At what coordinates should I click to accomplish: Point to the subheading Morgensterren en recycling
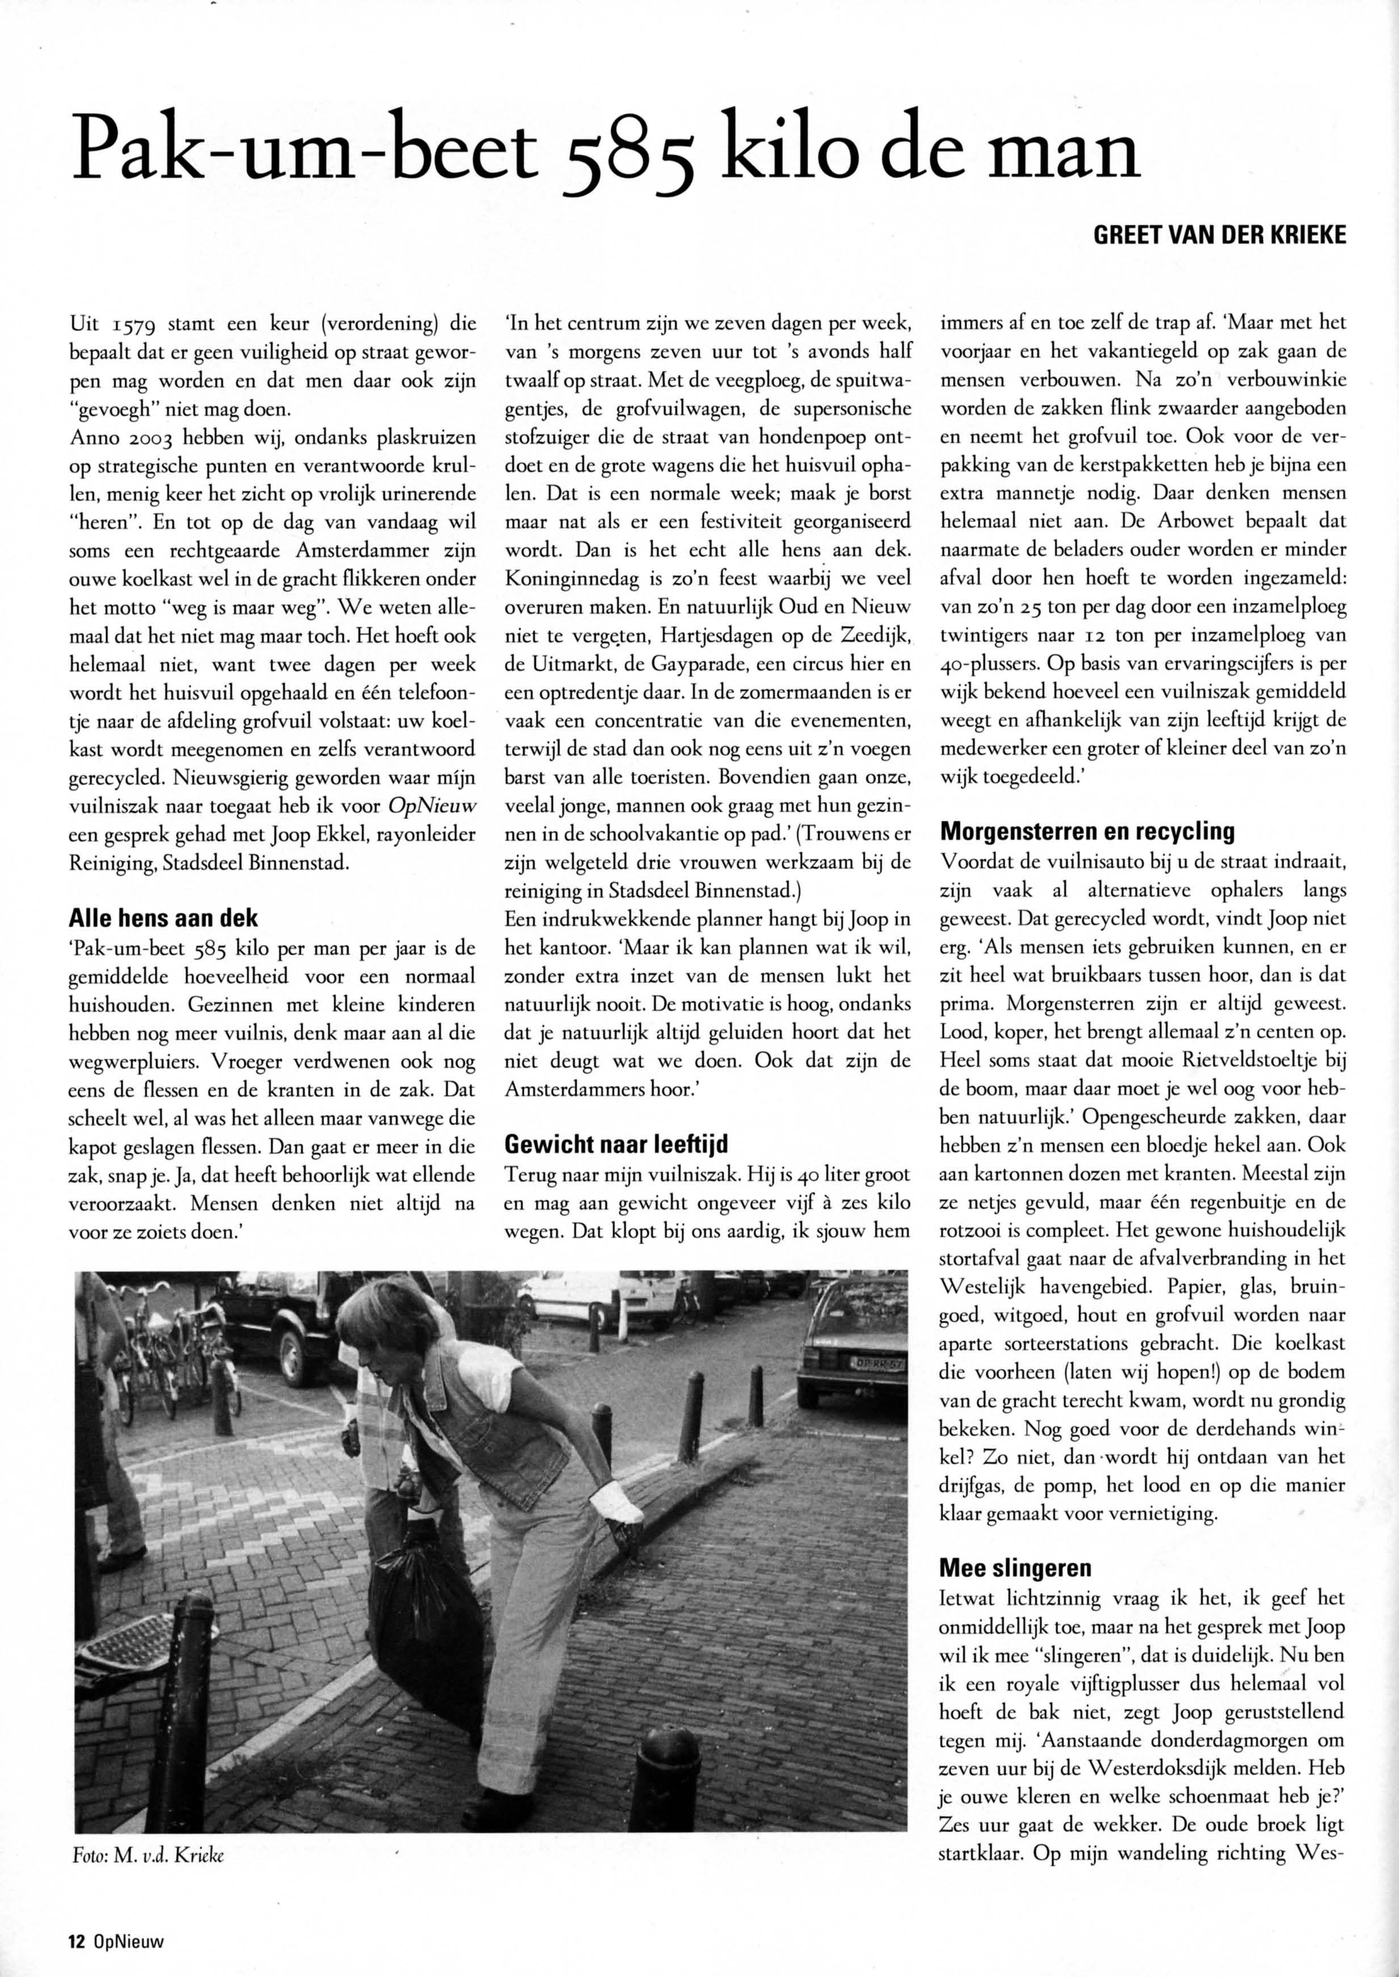pyautogui.click(x=1087, y=832)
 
